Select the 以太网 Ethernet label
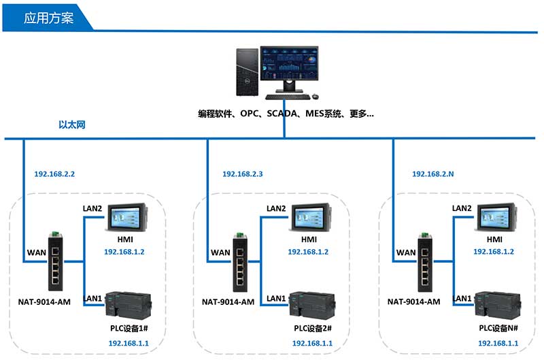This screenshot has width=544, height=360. (72, 125)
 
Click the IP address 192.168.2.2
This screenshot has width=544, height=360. (54, 174)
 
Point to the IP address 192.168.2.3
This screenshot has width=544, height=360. (243, 174)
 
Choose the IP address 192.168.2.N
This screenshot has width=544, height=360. (432, 174)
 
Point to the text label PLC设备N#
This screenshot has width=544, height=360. (494, 329)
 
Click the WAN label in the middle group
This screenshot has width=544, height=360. (220, 252)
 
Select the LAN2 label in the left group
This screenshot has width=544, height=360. (92, 208)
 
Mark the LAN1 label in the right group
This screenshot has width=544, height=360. (462, 298)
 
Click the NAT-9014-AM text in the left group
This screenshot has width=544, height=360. (44, 301)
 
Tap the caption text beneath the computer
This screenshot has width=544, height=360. (286, 114)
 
